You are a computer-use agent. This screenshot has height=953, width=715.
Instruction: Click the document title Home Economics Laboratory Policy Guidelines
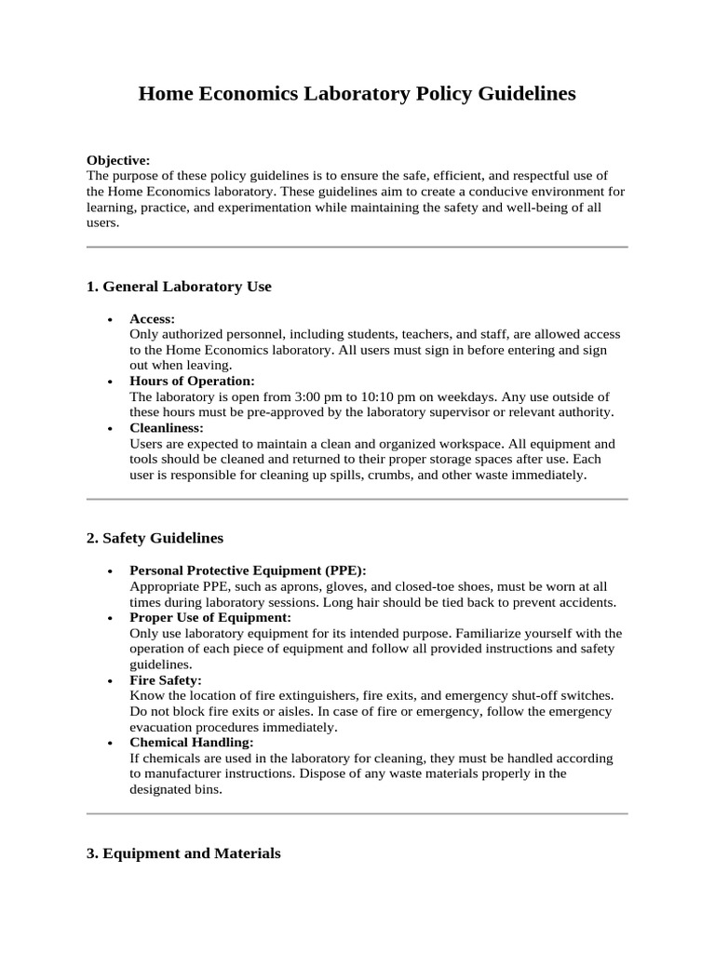357,94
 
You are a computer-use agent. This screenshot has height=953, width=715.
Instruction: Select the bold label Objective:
118,160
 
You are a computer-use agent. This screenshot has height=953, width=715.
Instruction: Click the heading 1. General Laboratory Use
179,287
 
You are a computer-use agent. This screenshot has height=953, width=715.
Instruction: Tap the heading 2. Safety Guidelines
155,538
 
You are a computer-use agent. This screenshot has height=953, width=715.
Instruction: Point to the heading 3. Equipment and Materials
183,852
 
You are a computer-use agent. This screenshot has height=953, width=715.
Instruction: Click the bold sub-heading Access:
152,318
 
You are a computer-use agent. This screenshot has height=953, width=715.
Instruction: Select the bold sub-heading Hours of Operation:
192,382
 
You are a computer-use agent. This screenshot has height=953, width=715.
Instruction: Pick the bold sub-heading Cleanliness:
167,428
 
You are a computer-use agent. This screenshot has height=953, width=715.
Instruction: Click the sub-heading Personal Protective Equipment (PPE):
248,570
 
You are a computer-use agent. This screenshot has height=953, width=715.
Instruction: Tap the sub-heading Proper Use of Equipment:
210,617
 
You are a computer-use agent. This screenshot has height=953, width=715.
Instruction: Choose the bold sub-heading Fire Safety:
166,680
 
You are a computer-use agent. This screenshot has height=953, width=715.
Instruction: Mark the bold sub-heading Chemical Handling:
191,743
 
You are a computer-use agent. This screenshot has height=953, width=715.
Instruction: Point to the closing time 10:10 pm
397,396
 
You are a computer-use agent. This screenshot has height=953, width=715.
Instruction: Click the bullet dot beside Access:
110,319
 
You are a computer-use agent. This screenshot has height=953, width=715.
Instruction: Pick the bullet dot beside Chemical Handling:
110,744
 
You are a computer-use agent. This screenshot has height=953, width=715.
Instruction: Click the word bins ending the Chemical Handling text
209,789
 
